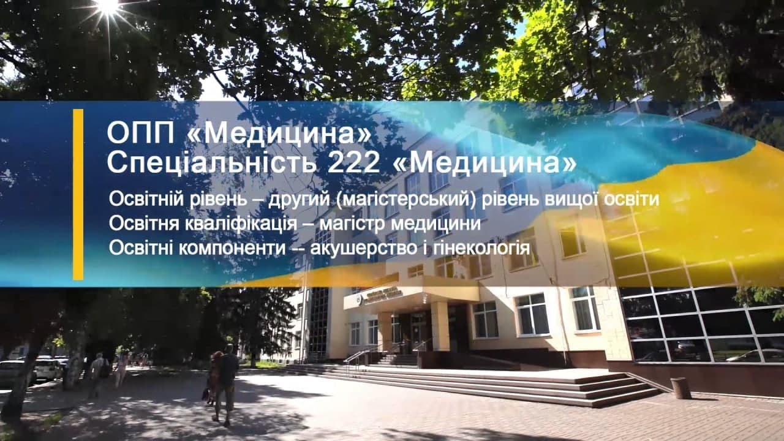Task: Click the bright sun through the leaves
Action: coord(108,7)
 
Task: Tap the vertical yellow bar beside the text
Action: coord(78,195)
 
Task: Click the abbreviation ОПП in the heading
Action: coord(140,134)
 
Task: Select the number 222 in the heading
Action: coord(354,163)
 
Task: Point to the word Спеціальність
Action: coord(212,163)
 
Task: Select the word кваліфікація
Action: coord(241,224)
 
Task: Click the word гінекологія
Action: coord(481,249)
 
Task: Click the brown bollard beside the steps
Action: coord(680,388)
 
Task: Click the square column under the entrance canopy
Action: coord(440,325)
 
